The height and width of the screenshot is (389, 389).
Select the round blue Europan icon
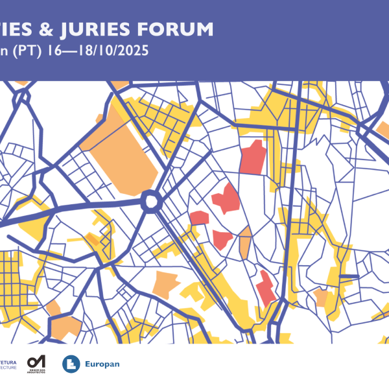click(71, 364)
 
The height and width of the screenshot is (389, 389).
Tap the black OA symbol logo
click(36, 360)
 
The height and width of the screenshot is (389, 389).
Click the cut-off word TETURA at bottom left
click(8, 361)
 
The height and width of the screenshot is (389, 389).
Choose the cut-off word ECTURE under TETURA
click(8, 367)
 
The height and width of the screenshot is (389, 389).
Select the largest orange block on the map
click(123, 152)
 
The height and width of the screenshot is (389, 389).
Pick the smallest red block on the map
click(198, 217)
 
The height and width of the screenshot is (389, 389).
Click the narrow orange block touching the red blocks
click(245, 242)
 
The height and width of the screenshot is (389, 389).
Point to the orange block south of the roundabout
click(165, 283)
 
